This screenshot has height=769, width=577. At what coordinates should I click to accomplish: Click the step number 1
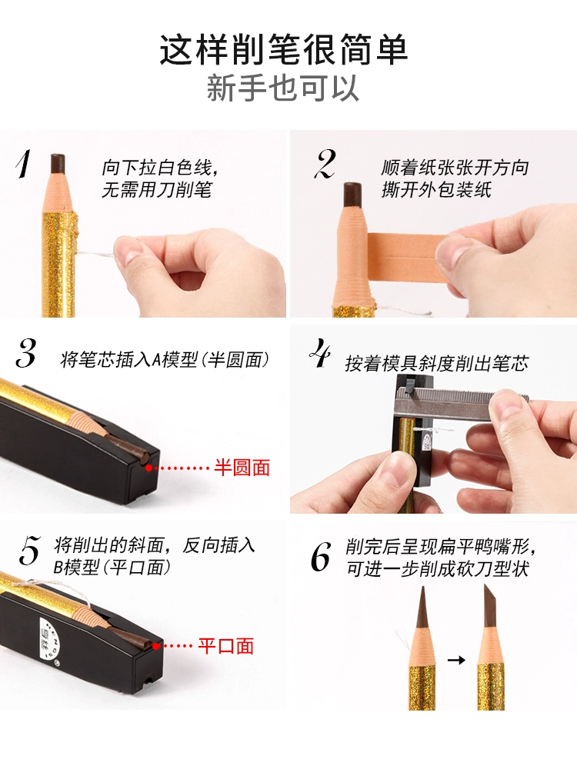tap(23, 164)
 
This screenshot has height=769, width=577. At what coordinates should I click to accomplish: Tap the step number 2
tap(325, 165)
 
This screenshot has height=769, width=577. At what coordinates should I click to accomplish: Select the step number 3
tap(25, 353)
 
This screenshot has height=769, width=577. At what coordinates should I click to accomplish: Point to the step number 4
tap(320, 352)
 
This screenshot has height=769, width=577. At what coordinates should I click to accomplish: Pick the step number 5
tap(29, 551)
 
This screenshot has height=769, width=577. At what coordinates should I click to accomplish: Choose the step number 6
tap(321, 557)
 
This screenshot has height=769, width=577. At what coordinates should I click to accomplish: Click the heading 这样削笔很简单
tap(284, 49)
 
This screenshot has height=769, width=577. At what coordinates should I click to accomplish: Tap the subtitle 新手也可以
tap(282, 88)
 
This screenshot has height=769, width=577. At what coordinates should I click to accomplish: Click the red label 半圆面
tap(242, 468)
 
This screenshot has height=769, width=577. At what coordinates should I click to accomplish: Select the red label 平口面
tap(225, 645)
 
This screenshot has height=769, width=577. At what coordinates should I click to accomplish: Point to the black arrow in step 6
tap(456, 660)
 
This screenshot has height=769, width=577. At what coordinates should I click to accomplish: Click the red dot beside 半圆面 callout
tap(148, 468)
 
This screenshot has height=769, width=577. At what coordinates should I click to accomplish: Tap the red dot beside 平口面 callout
tap(156, 646)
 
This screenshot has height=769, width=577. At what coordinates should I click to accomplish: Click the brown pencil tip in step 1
tap(58, 163)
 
